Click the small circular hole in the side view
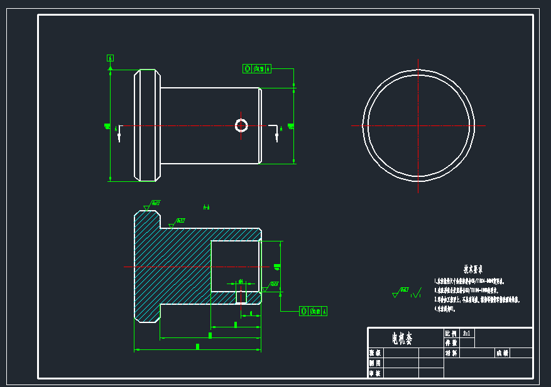tap(241, 125)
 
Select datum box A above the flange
tap(111, 58)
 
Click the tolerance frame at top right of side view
tap(256, 69)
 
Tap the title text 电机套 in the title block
tap(402, 339)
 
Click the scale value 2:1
tap(467, 334)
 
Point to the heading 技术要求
tap(474, 268)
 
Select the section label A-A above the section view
tap(206, 206)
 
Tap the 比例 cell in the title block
tap(451, 334)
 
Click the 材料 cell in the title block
tap(451, 353)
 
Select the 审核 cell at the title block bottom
tap(375, 373)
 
